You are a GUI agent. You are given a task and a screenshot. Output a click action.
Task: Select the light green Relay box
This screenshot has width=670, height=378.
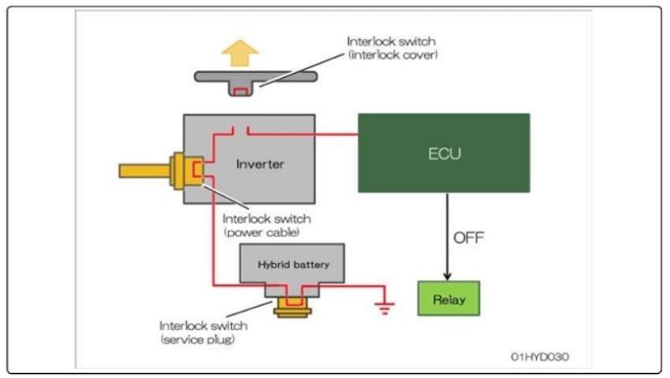448,298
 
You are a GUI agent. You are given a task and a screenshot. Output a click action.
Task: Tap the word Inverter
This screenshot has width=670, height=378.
260,164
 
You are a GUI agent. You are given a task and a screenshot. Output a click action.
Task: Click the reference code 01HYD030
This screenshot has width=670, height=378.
539,356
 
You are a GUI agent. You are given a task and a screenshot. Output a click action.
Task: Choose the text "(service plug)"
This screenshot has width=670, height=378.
201,339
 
